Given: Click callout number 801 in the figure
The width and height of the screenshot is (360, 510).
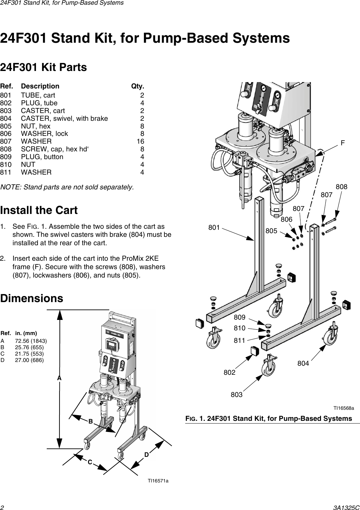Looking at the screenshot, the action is coord(214,228).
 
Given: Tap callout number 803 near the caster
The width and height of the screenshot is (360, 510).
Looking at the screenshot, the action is coord(236,395).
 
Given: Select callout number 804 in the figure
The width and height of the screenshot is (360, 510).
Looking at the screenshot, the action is coord(303,363).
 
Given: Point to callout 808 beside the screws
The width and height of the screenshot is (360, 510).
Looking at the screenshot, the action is coord(342,187).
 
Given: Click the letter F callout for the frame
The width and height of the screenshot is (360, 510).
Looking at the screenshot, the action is coord(343,143).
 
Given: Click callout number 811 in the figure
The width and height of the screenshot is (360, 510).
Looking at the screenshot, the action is coord(239,340).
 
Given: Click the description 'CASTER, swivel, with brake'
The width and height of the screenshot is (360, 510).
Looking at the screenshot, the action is coord(65,118).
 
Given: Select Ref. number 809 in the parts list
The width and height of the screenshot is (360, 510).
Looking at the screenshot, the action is coord(6,157).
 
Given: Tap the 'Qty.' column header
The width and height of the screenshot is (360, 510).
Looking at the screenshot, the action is coord(137,86).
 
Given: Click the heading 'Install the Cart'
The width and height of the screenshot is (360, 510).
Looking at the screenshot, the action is coord(39,210).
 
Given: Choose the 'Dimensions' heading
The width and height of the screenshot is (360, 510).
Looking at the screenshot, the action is coord(32,298).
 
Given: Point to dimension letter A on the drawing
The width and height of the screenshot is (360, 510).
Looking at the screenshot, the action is coord(59,378).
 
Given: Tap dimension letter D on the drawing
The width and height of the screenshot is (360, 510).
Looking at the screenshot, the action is coord(147,455).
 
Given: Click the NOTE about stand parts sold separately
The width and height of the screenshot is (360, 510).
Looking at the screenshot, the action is coord(67,187).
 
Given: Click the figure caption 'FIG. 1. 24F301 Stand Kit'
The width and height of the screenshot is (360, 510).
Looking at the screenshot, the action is coord(269,418).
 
